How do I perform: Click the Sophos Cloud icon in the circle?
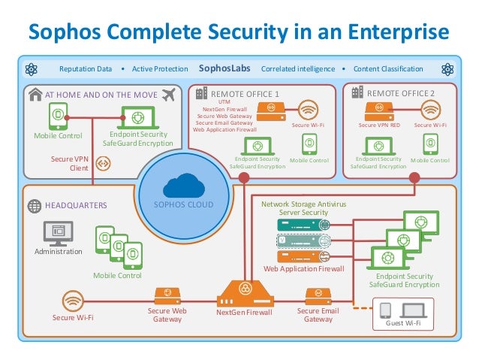183,184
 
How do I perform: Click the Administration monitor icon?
58,233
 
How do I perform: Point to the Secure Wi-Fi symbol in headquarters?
73,301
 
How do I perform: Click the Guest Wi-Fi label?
403,322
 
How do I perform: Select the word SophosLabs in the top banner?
224,69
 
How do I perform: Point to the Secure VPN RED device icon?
378,110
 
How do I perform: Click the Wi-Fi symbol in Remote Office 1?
309,110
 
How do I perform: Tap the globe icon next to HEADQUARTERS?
34,204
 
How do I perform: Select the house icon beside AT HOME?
35,95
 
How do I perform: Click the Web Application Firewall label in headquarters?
303,268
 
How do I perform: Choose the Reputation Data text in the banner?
86,69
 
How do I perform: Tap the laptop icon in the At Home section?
137,117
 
